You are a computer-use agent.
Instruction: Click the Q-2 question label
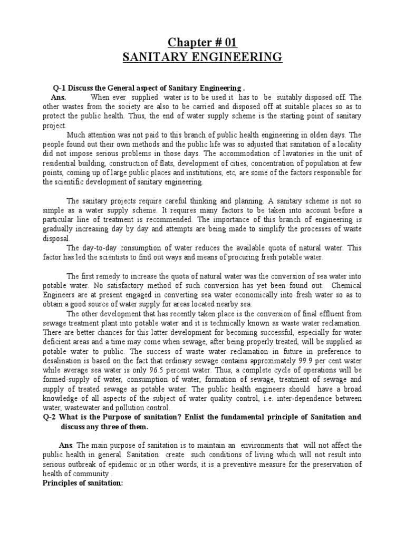coord(52,417)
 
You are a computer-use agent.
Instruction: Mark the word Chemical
coord(345,285)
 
